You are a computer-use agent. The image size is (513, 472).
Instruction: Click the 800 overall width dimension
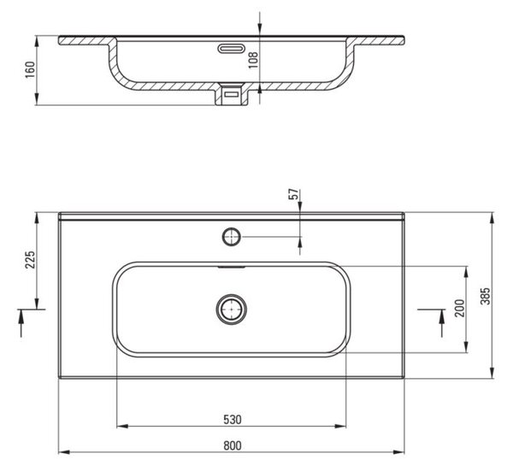[x=233, y=445]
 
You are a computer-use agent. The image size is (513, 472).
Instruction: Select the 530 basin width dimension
[x=233, y=420]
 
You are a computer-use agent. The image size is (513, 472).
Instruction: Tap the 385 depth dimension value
[x=486, y=297]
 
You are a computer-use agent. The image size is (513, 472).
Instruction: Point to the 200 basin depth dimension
[x=460, y=308]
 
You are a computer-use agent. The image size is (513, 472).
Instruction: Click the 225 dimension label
[x=31, y=260]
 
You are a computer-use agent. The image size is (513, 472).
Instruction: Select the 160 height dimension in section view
[x=30, y=69]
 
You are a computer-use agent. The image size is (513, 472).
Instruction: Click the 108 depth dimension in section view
[x=254, y=60]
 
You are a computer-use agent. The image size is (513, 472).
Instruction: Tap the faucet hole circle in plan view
[x=232, y=237]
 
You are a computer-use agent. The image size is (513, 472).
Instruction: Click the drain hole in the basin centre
[x=232, y=309]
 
